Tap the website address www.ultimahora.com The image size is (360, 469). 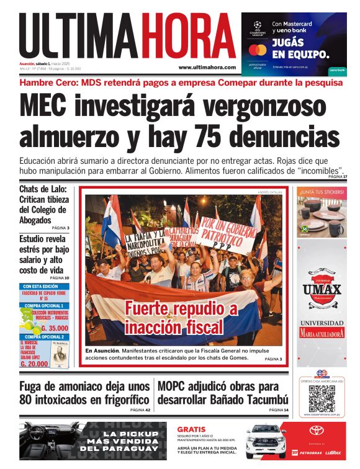(x=207, y=67)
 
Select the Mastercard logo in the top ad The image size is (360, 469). (x=257, y=50)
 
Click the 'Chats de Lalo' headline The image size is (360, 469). (x=43, y=189)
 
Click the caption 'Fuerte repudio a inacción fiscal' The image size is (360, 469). (x=181, y=317)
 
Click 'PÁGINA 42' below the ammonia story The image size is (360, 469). (x=140, y=410)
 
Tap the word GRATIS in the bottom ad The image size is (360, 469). (x=191, y=429)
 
